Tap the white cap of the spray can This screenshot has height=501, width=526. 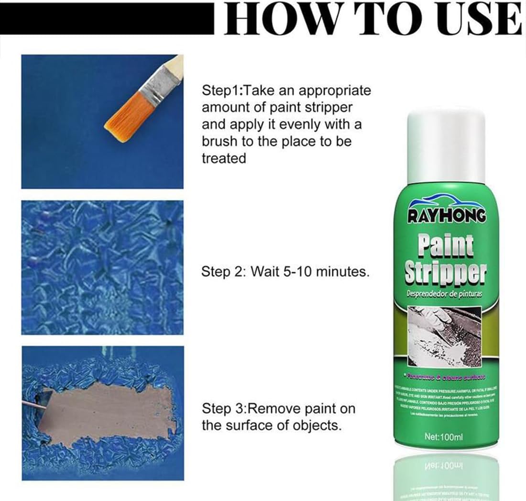[447, 144]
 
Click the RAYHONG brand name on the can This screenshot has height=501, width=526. [447, 216]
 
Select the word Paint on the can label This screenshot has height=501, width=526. [446, 245]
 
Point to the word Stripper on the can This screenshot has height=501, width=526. [446, 273]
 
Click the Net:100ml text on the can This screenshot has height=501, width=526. [444, 436]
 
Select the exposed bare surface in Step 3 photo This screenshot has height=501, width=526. [110, 407]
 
